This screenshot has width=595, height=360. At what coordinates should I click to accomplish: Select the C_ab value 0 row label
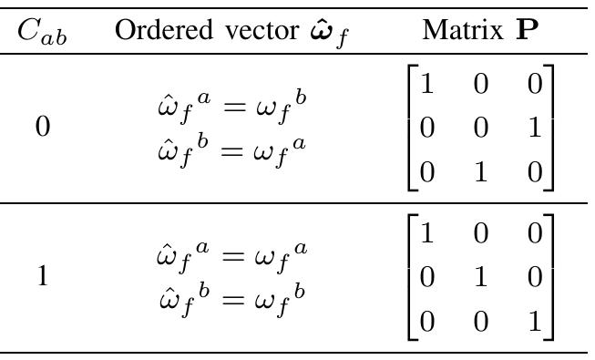tap(42, 127)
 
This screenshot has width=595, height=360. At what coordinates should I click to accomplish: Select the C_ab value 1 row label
tap(42, 276)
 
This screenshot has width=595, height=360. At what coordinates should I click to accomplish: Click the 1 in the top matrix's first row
tap(426, 86)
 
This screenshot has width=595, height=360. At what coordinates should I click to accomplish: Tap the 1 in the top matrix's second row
tap(536, 127)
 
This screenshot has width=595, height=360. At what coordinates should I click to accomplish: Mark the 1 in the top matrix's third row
tap(481, 170)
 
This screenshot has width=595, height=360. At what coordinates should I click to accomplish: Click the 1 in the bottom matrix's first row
tap(426, 235)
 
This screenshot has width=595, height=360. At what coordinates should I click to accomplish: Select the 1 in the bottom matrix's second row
tap(481, 276)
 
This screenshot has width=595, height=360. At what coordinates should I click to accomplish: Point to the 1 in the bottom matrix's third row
tap(536, 319)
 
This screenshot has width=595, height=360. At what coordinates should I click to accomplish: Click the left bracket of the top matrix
tap(410, 128)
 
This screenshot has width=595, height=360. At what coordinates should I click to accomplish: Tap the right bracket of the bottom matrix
tap(550, 277)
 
